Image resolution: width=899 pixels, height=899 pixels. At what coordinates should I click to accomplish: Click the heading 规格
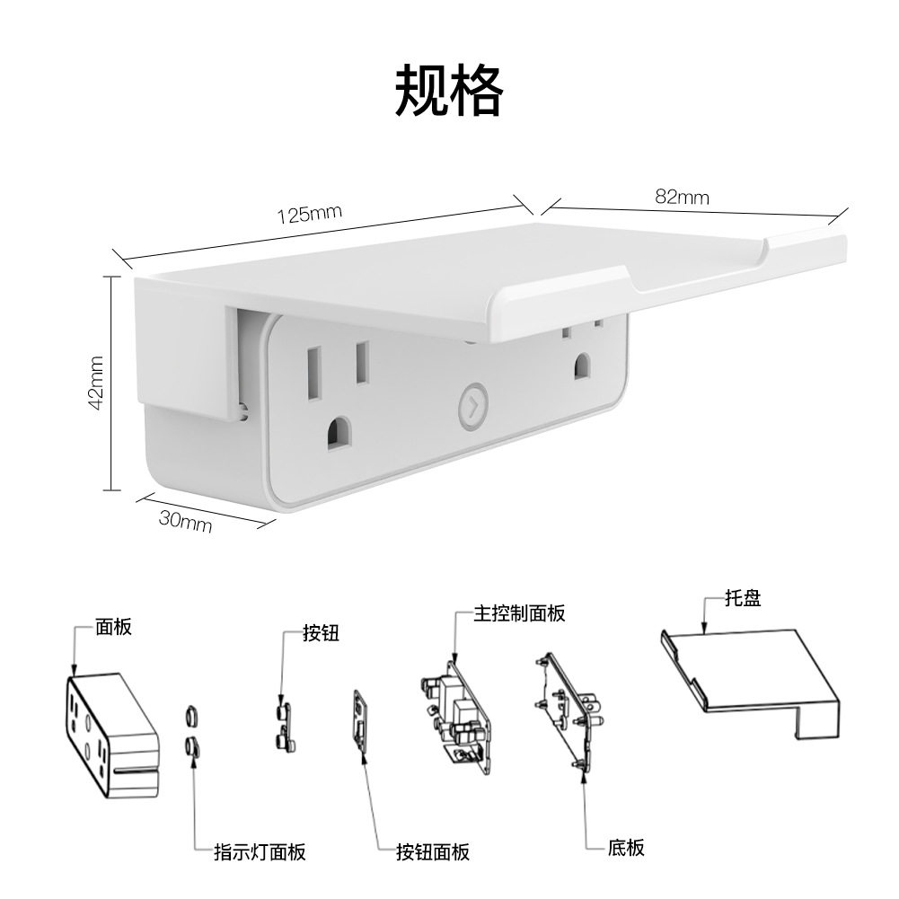[449, 91]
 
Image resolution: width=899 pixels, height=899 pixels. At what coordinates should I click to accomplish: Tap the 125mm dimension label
[310, 214]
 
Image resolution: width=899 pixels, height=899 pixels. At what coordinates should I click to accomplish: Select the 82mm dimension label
[682, 198]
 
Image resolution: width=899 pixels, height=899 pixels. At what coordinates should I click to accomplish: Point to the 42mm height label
[96, 383]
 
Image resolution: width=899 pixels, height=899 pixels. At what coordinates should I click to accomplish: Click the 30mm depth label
[185, 521]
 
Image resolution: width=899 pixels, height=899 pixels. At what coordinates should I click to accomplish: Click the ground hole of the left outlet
[339, 433]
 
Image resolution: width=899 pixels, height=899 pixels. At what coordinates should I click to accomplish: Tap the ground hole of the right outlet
[583, 366]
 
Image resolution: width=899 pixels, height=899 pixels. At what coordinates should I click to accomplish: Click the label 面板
[113, 627]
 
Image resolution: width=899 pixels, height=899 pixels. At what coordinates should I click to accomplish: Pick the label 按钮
[322, 633]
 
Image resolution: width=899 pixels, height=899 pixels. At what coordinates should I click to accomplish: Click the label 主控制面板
[519, 613]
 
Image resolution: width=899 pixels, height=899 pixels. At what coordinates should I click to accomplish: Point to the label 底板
[626, 848]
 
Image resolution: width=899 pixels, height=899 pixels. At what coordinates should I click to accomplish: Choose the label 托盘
[743, 598]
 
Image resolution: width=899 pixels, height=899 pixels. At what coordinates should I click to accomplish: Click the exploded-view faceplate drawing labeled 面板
[110, 736]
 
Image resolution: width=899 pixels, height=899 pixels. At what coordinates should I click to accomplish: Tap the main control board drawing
[457, 717]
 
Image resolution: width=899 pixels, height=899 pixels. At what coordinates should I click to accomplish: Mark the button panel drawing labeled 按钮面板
[361, 721]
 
